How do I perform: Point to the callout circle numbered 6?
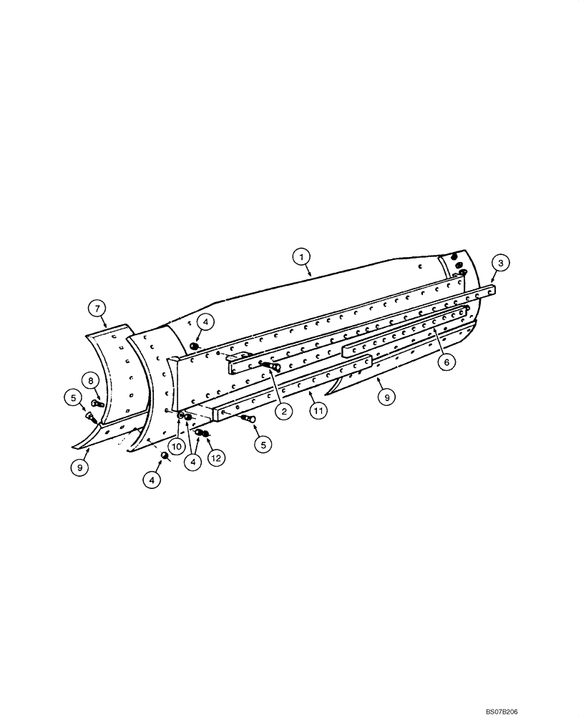446,362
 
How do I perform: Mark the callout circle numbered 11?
319,411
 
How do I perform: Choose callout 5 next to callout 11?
263,444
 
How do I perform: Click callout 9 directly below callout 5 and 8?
80,468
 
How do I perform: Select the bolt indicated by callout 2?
269,367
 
